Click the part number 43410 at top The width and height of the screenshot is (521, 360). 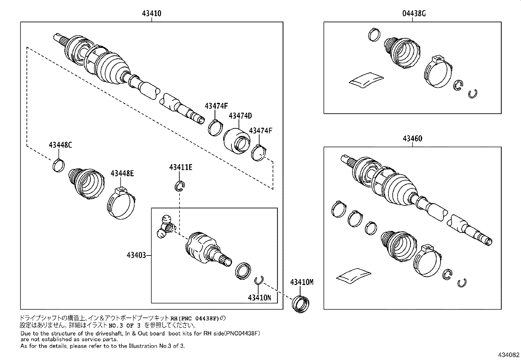point(152,13)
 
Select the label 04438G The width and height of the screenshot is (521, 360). point(414,13)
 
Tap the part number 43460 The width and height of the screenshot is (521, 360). point(412,138)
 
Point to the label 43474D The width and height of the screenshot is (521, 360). point(240,116)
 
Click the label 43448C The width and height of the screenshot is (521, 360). point(60,144)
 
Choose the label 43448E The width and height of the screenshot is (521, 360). point(122,173)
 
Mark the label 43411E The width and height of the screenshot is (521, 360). point(181,167)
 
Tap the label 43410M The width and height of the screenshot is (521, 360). point(301,282)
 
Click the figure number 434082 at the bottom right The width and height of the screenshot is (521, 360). point(509,355)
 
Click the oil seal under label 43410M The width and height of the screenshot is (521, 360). point(301,304)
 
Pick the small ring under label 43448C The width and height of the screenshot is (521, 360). point(58,164)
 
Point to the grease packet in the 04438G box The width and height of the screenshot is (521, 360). point(366,80)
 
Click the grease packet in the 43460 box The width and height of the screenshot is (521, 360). point(354,275)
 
